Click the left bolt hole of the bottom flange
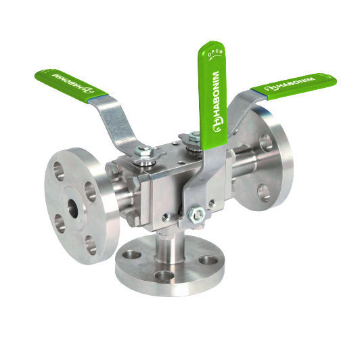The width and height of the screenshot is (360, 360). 133,255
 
